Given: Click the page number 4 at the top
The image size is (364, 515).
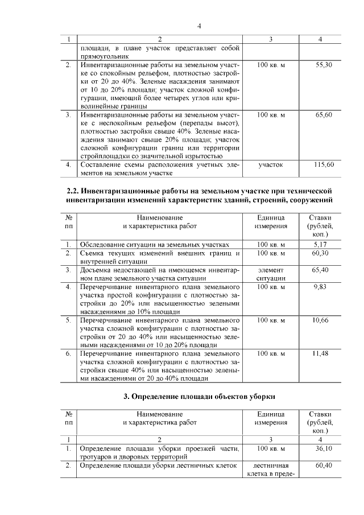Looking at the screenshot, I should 199,26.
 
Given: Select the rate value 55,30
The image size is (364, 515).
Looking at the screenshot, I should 324,66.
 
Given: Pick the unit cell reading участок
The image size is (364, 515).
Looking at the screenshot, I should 271,164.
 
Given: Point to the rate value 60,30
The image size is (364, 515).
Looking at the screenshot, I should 322,253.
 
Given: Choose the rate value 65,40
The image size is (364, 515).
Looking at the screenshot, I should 322,269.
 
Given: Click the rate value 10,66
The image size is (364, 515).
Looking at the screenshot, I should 322,320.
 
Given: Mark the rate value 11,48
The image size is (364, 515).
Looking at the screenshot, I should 322,353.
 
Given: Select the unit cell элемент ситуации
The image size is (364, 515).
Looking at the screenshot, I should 271,274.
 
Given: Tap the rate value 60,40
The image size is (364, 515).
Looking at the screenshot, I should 323,465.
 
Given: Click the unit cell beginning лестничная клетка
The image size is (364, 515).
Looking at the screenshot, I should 271,470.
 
